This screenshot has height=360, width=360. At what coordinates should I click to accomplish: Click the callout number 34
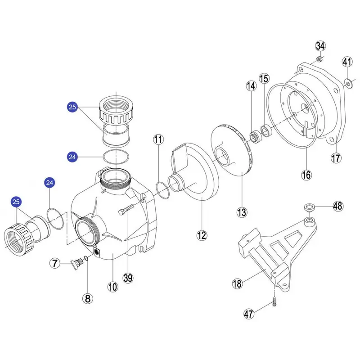click(x=320, y=46)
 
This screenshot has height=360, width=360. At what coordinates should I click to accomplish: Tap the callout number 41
click(x=347, y=62)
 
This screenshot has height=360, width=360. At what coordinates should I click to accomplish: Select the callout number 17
click(x=336, y=158)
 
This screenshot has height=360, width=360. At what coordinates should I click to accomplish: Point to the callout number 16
click(x=306, y=175)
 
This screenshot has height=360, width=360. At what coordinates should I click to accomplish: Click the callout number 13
click(x=242, y=212)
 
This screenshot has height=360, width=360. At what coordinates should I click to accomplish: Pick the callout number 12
click(x=202, y=235)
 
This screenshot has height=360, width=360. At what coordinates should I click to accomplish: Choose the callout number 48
click(x=338, y=206)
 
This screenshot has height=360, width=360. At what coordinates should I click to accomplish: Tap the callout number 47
click(x=249, y=314)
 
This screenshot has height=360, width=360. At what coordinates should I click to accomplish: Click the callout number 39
click(x=128, y=278)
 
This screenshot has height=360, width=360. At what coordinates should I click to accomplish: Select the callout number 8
click(x=87, y=298)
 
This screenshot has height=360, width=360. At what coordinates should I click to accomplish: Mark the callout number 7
click(x=55, y=263)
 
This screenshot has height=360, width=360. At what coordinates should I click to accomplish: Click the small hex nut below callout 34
click(x=319, y=59)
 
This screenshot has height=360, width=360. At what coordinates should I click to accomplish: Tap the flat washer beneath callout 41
click(x=348, y=84)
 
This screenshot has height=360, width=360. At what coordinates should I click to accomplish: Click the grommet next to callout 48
click(x=309, y=208)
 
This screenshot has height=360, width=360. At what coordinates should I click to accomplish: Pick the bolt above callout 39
click(x=126, y=209)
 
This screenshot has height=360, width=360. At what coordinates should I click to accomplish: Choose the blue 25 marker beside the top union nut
click(x=72, y=107)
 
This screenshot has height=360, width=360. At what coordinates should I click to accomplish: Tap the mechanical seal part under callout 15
click(x=266, y=131)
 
